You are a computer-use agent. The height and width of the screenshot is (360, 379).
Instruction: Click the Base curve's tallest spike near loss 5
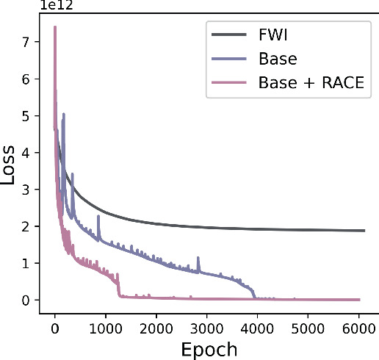(x=64, y=114)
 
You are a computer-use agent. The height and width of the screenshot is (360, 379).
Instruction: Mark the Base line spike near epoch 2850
(x=198, y=259)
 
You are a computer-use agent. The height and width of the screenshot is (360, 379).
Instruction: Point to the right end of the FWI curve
(x=364, y=231)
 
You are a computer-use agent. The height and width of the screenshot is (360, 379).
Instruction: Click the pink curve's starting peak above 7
(x=55, y=27)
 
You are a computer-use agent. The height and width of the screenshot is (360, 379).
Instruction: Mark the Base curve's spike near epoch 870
(x=98, y=216)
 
